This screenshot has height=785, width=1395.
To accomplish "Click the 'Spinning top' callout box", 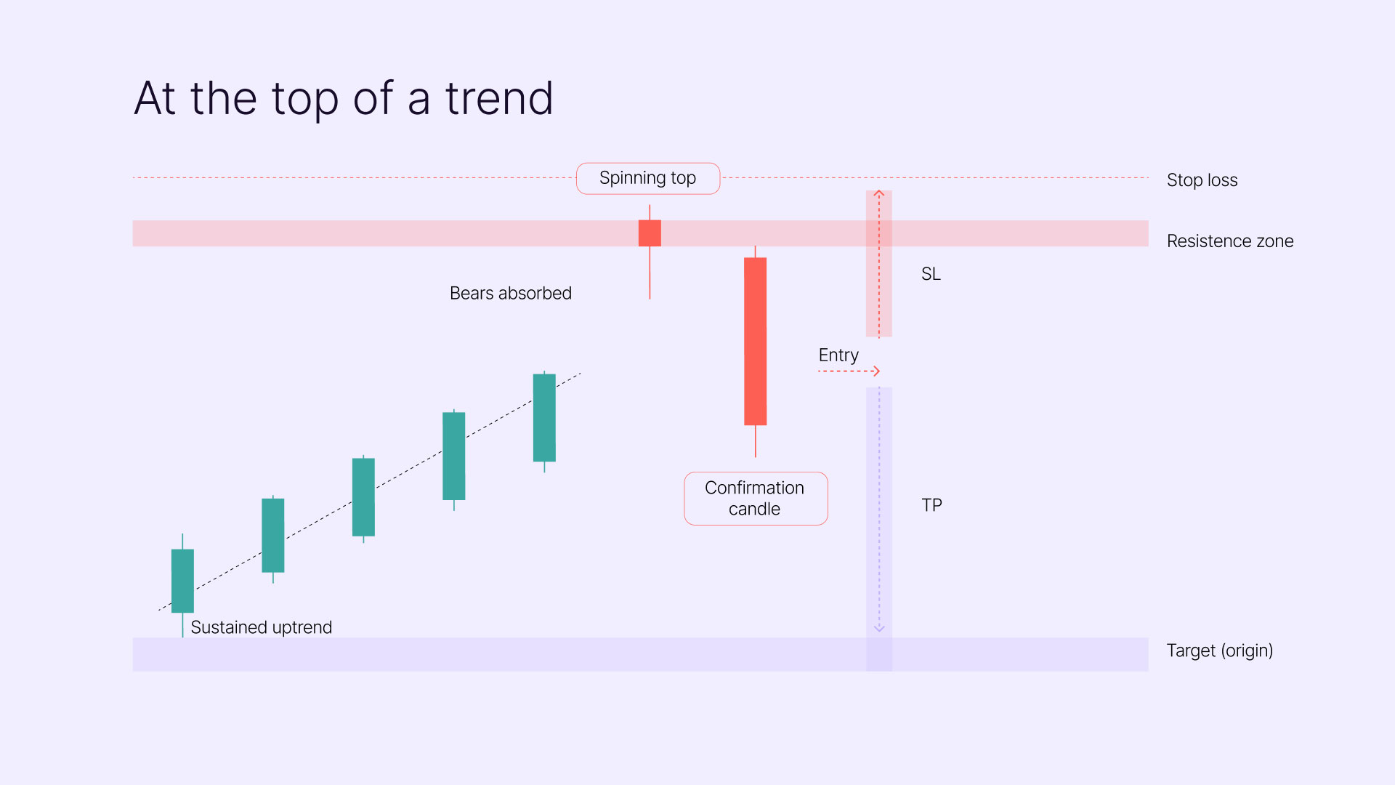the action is pyautogui.click(x=648, y=178).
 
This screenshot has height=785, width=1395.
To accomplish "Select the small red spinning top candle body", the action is pyautogui.click(x=650, y=233).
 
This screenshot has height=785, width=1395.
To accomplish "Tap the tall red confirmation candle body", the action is pyautogui.click(x=756, y=342).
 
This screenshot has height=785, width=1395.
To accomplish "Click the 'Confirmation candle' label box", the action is pyautogui.click(x=756, y=499).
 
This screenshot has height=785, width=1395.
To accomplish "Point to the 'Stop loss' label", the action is pyautogui.click(x=1202, y=180).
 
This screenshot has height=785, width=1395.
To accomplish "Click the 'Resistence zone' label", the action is pyautogui.click(x=1230, y=241).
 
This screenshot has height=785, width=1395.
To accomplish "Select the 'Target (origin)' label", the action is pyautogui.click(x=1220, y=651).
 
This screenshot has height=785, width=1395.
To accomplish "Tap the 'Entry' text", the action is pyautogui.click(x=838, y=355).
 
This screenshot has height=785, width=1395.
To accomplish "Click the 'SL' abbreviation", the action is pyautogui.click(x=931, y=274).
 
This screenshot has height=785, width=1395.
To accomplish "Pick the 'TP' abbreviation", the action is pyautogui.click(x=931, y=505).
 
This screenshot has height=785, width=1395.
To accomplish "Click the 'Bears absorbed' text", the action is pyautogui.click(x=511, y=293).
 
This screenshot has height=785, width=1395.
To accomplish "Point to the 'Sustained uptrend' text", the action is pyautogui.click(x=262, y=627).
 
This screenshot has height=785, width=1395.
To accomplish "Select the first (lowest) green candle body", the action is pyautogui.click(x=182, y=581).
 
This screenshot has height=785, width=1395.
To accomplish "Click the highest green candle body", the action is pyautogui.click(x=544, y=418).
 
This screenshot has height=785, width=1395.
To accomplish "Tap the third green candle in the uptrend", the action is pyautogui.click(x=363, y=497).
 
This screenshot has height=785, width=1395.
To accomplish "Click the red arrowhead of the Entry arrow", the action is pyautogui.click(x=876, y=371).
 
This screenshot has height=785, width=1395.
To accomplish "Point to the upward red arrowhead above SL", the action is pyautogui.click(x=879, y=193).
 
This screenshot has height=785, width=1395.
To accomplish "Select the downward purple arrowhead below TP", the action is pyautogui.click(x=879, y=628).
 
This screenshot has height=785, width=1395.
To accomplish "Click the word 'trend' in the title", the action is pyautogui.click(x=499, y=98).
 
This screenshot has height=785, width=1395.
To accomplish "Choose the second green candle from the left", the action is pyautogui.click(x=273, y=536).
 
